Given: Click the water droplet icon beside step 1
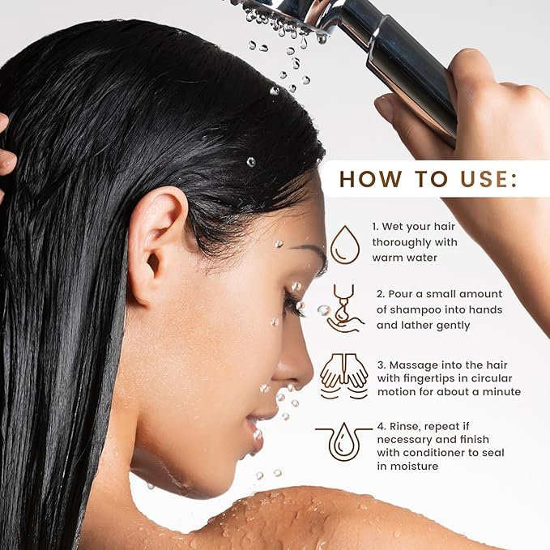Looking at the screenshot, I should click(345, 244).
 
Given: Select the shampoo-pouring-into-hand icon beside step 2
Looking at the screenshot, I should click(345, 308).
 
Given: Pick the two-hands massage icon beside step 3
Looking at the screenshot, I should click(344, 375).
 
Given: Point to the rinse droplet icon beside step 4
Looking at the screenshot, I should click(345, 441).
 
